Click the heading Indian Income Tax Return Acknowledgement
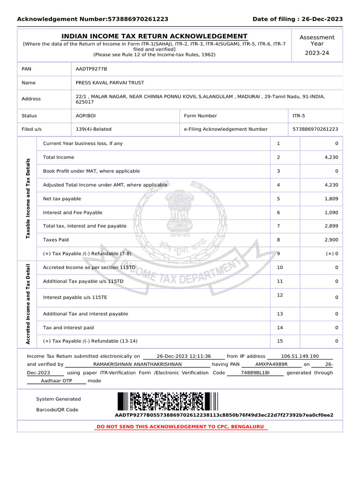pos(155,37)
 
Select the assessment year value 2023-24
pos(317,53)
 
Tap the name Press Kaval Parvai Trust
pos(110,82)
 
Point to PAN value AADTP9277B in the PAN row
pos(91,69)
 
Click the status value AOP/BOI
pos(86,116)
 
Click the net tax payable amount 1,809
pos(331,199)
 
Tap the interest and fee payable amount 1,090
pos(331,212)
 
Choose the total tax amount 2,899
pos(331,226)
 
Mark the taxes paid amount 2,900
pos(331,240)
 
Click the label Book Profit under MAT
pos(91,171)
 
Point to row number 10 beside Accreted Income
pos(280,267)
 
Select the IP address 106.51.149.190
pos(300,356)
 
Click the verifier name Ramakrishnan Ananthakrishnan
pos(137,364)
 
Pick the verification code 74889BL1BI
pos(255,373)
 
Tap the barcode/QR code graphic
pos(168,402)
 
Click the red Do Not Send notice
pos(180,427)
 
